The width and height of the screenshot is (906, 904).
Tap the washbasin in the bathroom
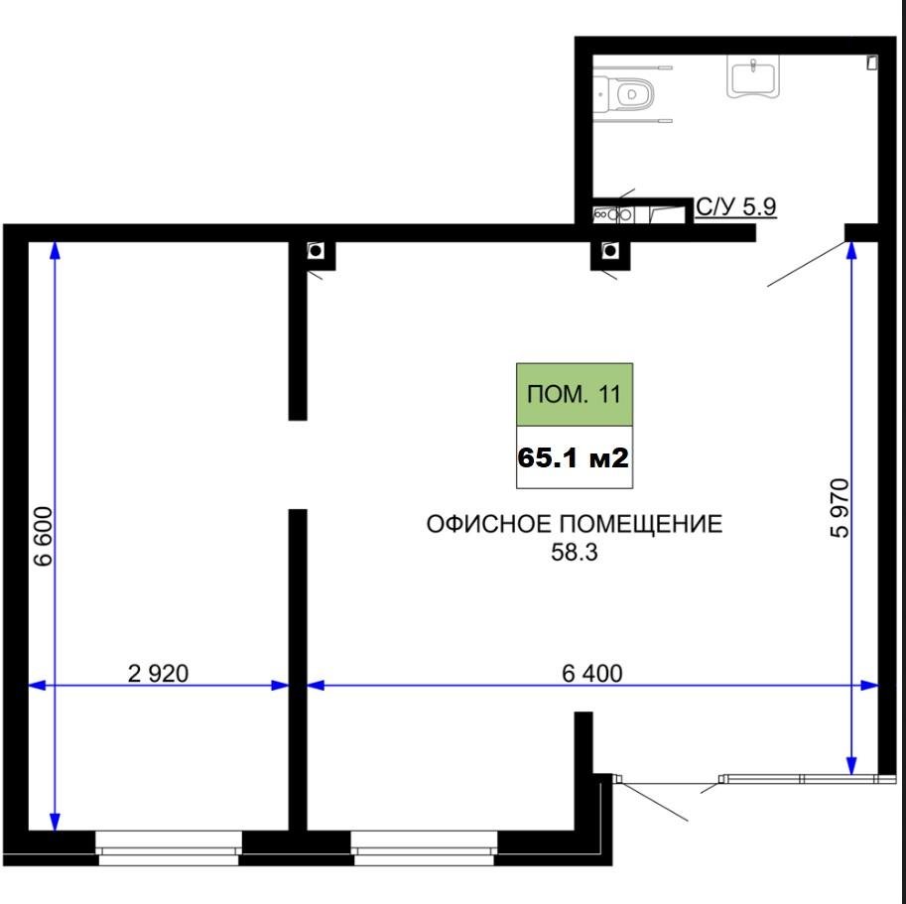[752, 76]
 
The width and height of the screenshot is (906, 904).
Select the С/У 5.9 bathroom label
[736, 206]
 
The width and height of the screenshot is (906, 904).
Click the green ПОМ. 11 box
[575, 395]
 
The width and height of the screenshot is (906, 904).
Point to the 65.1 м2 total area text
[574, 458]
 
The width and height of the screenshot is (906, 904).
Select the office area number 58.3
[575, 553]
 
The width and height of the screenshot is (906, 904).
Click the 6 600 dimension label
[44, 536]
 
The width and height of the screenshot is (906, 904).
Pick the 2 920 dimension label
[158, 674]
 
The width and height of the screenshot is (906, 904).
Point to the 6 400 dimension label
[592, 674]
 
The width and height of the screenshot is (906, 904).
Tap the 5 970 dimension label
[840, 508]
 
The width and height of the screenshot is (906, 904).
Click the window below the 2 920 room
[168, 847]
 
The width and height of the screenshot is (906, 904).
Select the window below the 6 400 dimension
[424, 847]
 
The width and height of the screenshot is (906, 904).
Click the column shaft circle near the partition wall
[317, 251]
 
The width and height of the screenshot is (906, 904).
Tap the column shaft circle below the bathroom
[609, 250]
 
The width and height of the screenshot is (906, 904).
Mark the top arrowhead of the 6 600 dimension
[55, 249]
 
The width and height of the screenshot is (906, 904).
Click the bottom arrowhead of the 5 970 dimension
[851, 766]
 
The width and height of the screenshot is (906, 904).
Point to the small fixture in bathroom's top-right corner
[872, 63]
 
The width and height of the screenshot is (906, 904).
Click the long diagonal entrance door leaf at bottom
[654, 800]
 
